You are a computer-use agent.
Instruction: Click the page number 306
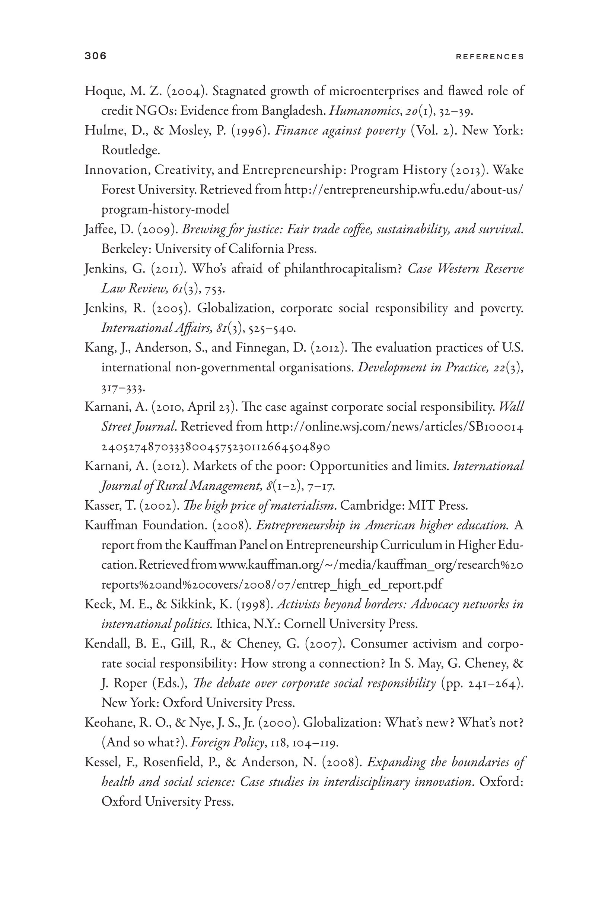pos(95,56)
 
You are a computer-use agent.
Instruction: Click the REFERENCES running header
pos(490,57)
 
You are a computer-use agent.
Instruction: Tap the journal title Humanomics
pos(364,111)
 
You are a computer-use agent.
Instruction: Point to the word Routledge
pos(131,150)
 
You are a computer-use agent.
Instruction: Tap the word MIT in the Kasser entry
pos(421,506)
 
